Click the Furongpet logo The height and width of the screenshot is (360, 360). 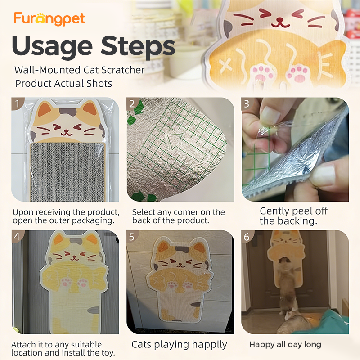tap(49, 19)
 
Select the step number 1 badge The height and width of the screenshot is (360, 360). tap(17, 103)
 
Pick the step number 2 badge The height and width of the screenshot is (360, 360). tap(132, 103)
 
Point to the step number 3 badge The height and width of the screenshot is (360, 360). tap(247, 103)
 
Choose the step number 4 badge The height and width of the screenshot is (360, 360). tap(17, 237)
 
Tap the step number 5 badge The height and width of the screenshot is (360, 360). tap(132, 237)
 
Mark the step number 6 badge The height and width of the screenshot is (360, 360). tap(247, 237)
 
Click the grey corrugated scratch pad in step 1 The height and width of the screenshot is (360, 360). tap(67, 172)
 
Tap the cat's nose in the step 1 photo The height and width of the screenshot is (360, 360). tap(67, 131)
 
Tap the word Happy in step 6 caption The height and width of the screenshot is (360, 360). tap(260, 345)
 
